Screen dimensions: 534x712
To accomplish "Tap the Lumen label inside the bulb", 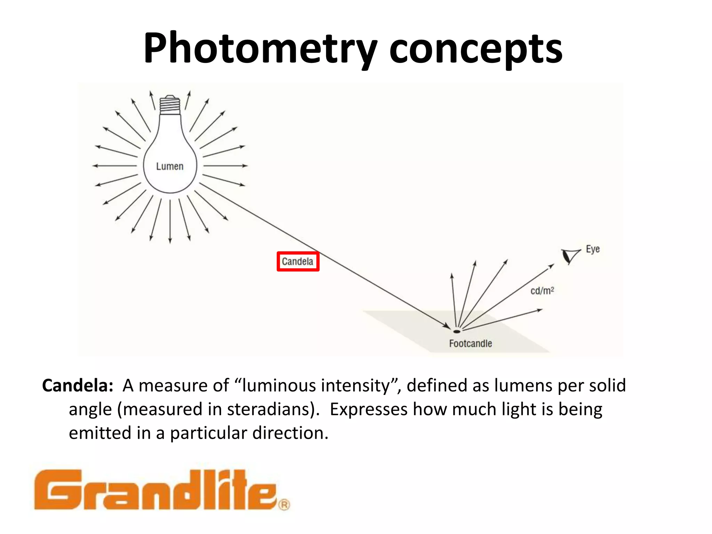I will pyautogui.click(x=170, y=167).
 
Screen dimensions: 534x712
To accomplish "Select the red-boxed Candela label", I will pyautogui.click(x=298, y=261).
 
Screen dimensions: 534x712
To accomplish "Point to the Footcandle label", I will pyautogui.click(x=470, y=343).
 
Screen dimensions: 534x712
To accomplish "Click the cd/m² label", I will pyautogui.click(x=542, y=291).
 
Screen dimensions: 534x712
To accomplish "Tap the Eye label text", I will pyautogui.click(x=593, y=249).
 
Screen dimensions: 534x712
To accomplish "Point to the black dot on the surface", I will pyautogui.click(x=457, y=331).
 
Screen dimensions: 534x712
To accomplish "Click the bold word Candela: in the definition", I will pyautogui.click(x=78, y=386).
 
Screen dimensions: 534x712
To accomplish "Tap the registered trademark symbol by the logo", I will pyautogui.click(x=284, y=504).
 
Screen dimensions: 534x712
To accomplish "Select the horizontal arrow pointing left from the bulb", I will pyautogui.click(x=115, y=166).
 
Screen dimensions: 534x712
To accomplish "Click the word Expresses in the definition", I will pyautogui.click(x=368, y=409).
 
